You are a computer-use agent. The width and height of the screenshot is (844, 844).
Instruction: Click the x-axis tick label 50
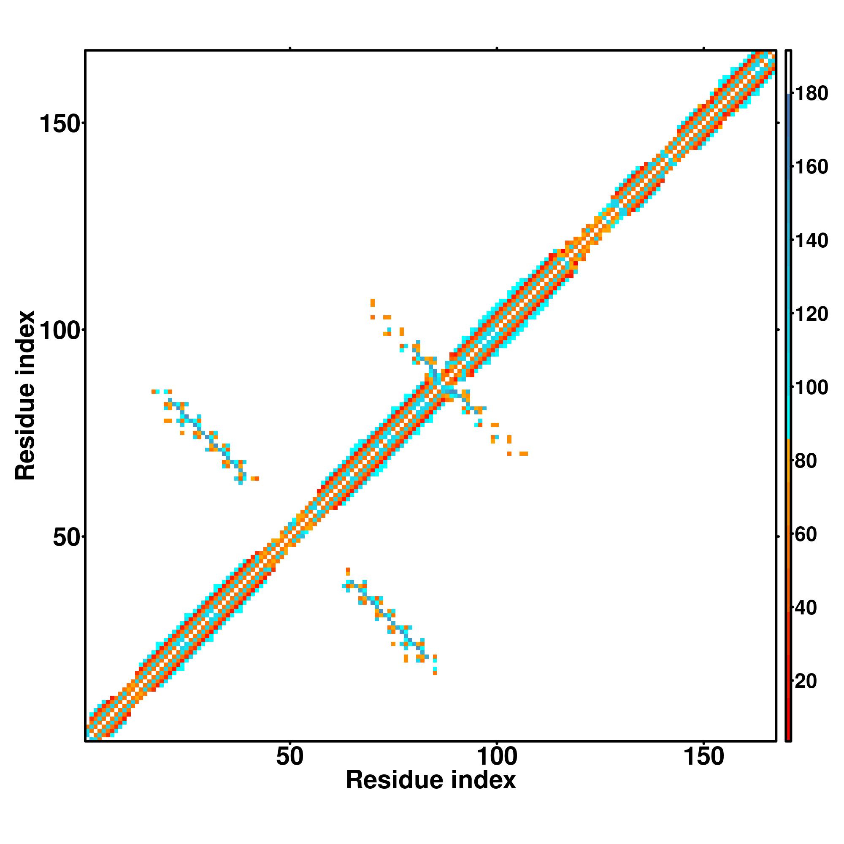coord(289,757)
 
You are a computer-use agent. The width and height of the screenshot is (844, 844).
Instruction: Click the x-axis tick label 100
coord(497,757)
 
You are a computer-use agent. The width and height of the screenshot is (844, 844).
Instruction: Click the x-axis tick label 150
coord(703,757)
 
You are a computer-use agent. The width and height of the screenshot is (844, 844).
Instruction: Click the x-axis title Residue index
coord(431,780)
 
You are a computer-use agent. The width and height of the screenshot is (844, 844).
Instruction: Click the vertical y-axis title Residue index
coord(25,395)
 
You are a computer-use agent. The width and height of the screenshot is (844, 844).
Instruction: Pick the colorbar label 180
coord(811,94)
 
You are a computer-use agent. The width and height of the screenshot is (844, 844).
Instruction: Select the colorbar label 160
coord(811,167)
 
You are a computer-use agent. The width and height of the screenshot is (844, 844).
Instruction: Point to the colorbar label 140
coord(811,241)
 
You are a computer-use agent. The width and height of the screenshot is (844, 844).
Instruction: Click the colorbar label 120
coord(811,314)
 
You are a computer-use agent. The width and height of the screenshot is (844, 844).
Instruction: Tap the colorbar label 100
coord(811,387)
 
